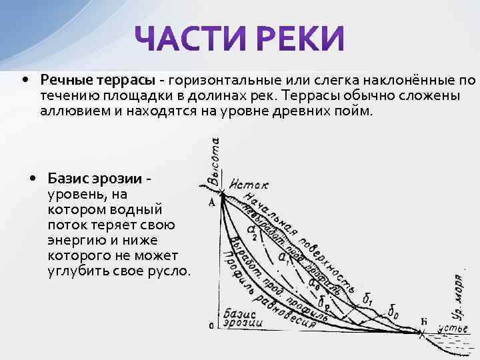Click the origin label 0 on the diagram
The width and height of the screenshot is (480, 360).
point(211,326)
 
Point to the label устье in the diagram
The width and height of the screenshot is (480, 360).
point(453,328)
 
